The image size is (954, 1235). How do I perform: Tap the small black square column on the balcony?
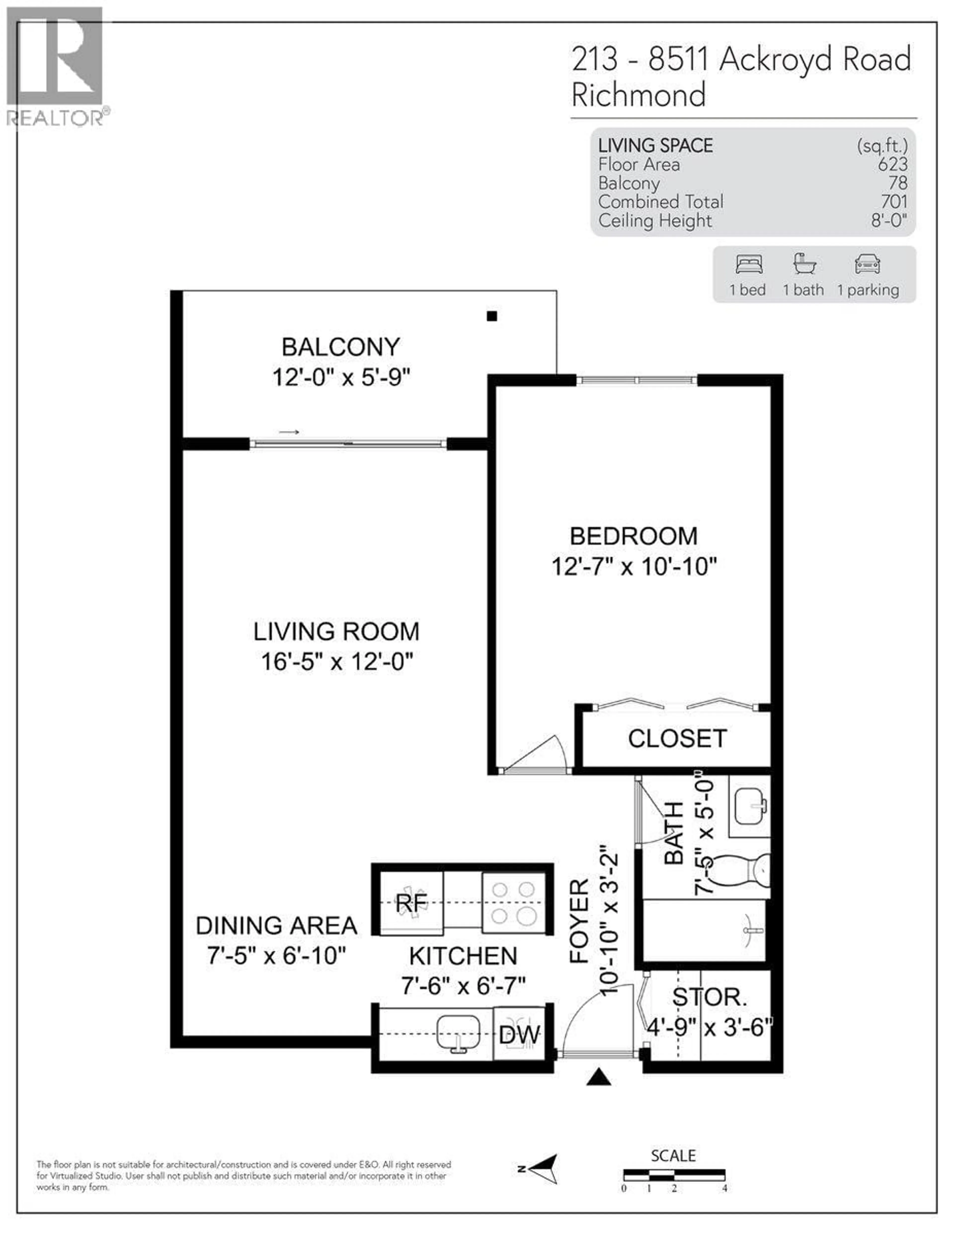click(492, 316)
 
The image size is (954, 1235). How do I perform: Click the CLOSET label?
click(677, 739)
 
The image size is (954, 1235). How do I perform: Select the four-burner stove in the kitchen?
click(513, 903)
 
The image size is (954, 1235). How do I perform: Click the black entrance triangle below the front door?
click(598, 1077)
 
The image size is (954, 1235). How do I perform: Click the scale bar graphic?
click(674, 1174)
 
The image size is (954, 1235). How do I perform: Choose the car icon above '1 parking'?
click(867, 264)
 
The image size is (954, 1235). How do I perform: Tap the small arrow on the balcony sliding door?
click(289, 433)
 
